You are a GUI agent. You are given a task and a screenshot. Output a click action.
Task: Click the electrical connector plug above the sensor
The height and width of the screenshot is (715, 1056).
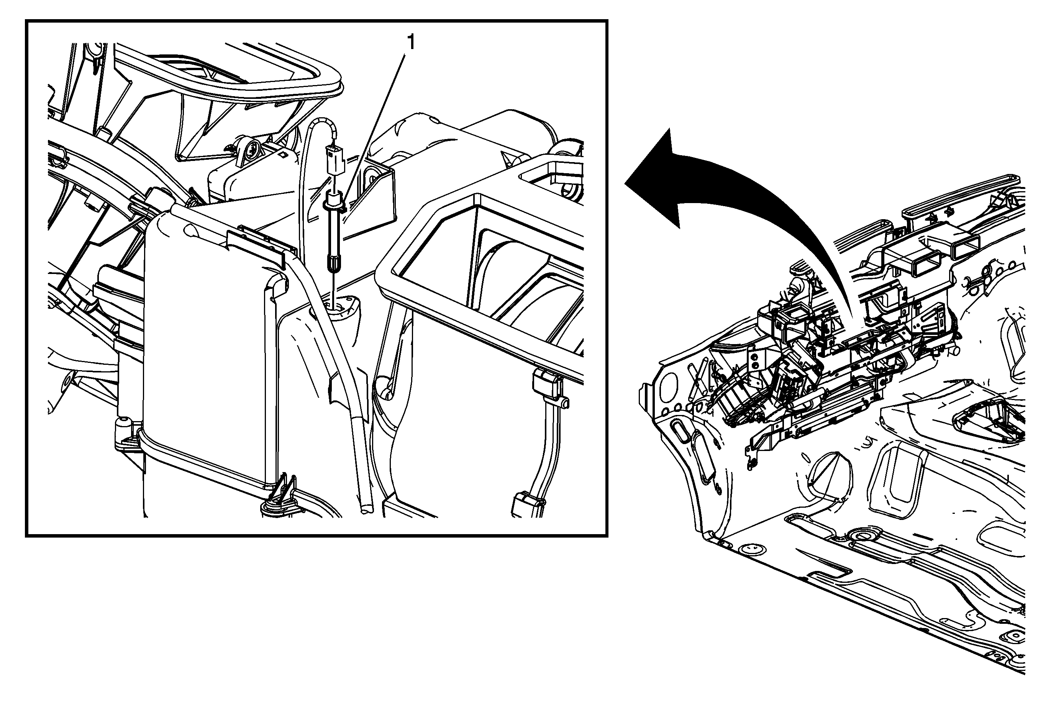(x=335, y=159)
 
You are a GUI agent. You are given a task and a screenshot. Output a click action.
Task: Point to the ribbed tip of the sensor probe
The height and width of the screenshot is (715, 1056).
(x=333, y=264)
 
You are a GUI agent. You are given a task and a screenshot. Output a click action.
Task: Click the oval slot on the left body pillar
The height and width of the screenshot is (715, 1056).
(x=682, y=429)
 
